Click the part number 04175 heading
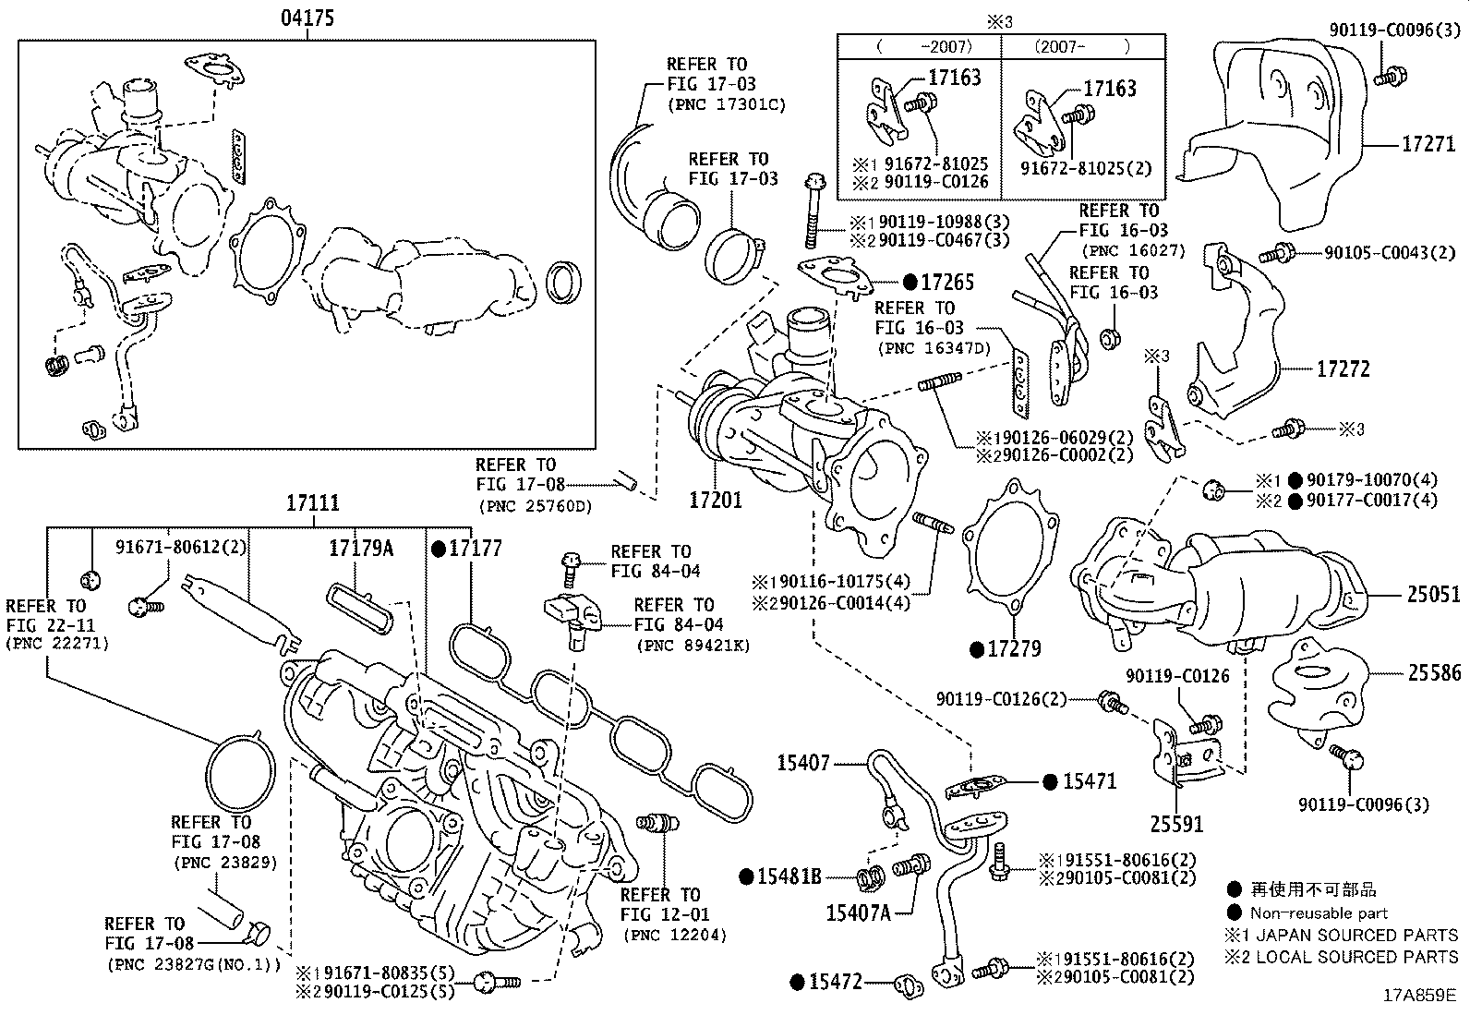click(308, 18)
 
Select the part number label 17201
click(716, 500)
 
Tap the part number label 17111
click(311, 503)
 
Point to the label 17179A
click(361, 549)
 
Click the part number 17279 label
click(1014, 649)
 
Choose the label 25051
click(1433, 596)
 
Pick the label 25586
click(1433, 674)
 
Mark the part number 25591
click(1177, 823)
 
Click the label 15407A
click(858, 913)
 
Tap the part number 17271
click(1428, 144)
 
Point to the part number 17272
click(1343, 369)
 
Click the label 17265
click(947, 283)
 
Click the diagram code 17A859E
click(1418, 996)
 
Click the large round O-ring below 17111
click(240, 774)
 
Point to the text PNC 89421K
click(693, 646)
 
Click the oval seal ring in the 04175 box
click(564, 282)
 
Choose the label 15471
click(1090, 781)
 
